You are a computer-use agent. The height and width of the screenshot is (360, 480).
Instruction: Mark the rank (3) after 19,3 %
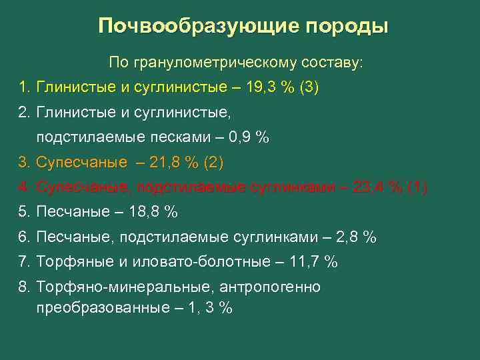310,88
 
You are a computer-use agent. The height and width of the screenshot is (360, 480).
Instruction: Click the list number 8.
24,287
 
